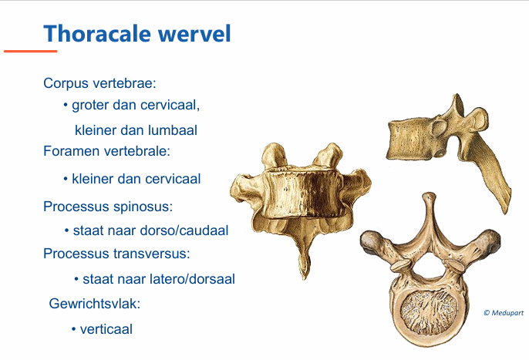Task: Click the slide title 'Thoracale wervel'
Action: click(136, 33)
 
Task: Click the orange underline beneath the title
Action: click(30, 52)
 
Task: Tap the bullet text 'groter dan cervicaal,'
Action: click(136, 105)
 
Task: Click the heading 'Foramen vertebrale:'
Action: click(106, 150)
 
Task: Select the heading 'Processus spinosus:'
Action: click(108, 207)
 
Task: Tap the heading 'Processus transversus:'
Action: click(116, 253)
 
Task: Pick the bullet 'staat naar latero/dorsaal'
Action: click(153, 279)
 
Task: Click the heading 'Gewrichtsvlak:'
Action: click(94, 304)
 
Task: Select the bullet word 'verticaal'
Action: click(106, 329)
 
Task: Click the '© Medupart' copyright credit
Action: click(503, 312)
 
